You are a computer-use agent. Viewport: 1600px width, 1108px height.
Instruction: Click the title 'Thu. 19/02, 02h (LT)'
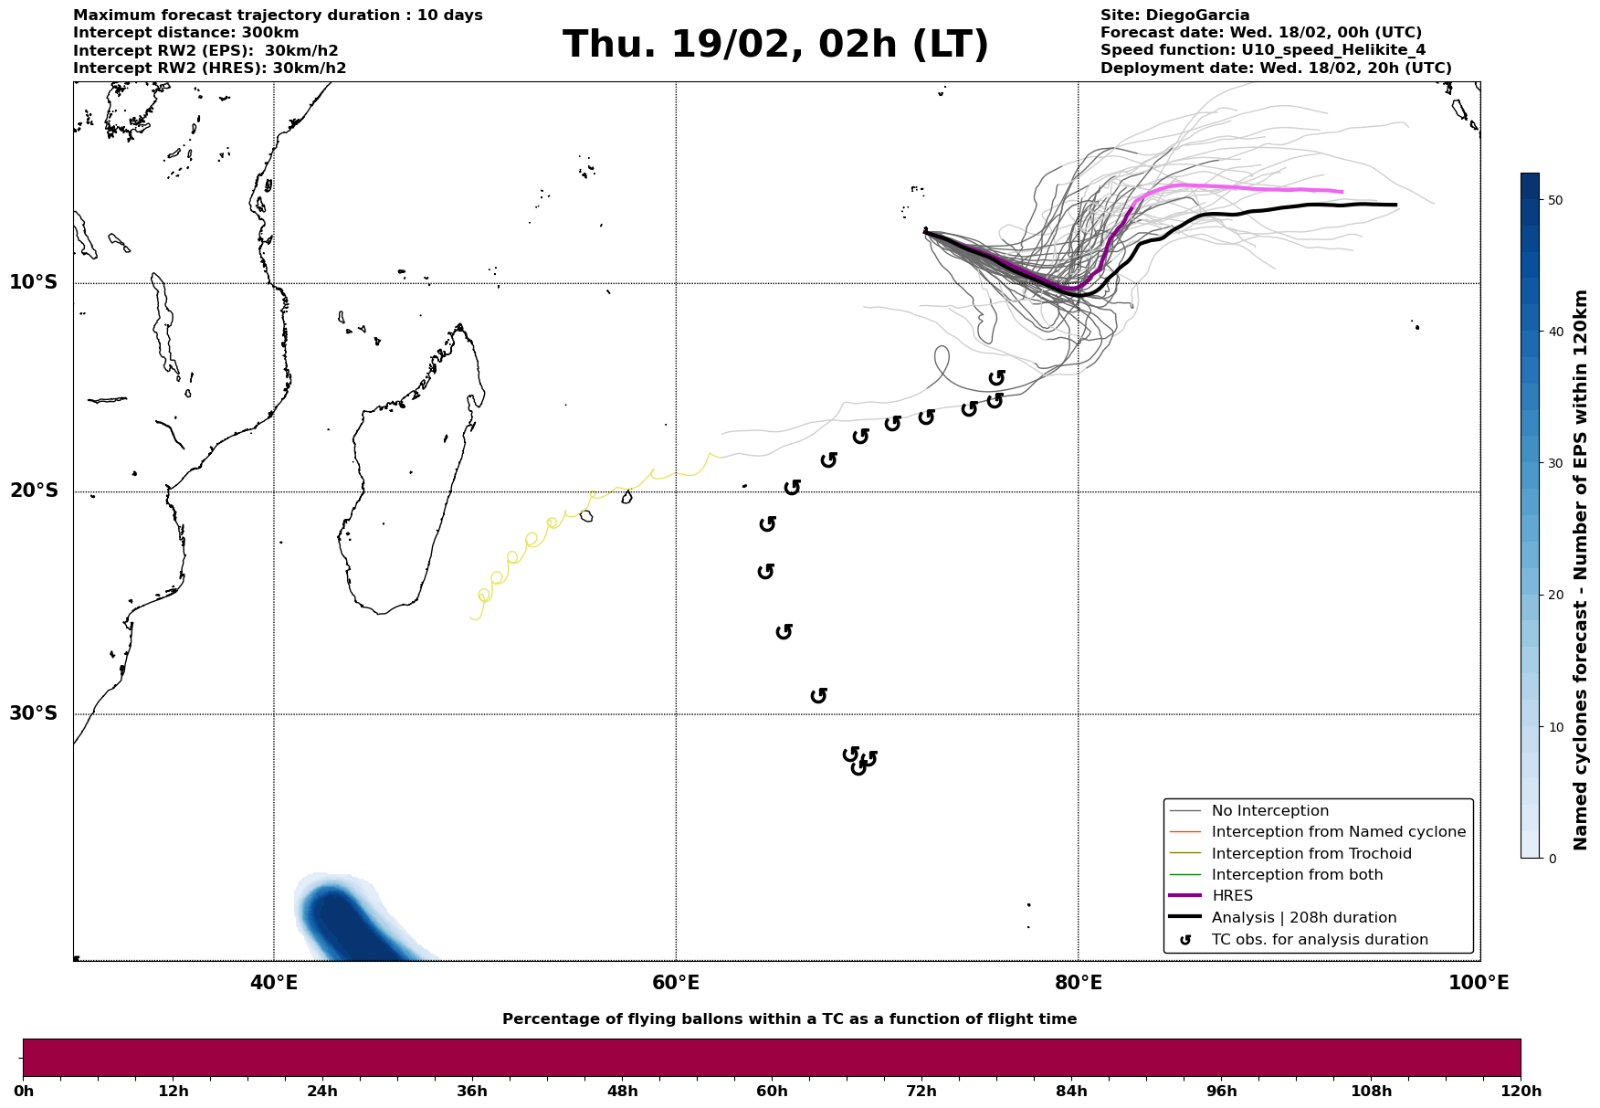[x=775, y=45]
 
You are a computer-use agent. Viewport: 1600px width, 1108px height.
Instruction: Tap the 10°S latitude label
[x=34, y=282]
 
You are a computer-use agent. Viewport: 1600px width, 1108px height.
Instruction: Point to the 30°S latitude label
[x=34, y=713]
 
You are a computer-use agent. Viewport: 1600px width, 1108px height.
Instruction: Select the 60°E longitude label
[x=676, y=983]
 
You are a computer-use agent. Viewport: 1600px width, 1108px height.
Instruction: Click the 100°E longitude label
[x=1479, y=983]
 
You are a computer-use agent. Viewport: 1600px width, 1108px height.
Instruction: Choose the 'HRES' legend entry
[x=1232, y=896]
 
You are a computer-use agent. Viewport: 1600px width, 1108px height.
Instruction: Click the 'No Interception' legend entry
[x=1269, y=811]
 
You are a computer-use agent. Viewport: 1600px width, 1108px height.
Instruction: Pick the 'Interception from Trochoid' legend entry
[x=1311, y=854]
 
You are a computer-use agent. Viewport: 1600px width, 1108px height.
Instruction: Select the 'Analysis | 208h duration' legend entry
[x=1303, y=918]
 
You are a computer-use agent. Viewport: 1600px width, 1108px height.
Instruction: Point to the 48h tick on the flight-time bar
[x=622, y=1092]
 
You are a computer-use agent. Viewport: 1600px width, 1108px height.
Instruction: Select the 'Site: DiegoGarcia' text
[x=1174, y=16]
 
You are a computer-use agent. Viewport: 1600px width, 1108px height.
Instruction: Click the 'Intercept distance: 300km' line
[x=185, y=33]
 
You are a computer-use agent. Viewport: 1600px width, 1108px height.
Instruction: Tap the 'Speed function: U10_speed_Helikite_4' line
[x=1262, y=50]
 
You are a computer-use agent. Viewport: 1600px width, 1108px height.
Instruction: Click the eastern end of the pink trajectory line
[x=1342, y=192]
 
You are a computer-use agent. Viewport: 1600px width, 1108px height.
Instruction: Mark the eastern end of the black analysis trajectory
[x=1395, y=205]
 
